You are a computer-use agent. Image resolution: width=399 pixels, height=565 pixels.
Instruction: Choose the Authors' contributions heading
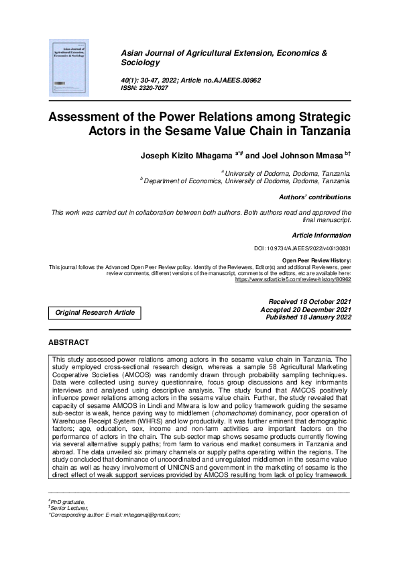[x=315, y=197]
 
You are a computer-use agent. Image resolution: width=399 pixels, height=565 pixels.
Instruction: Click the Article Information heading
[x=321, y=235]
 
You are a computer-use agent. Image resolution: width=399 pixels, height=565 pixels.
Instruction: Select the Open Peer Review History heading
[x=317, y=260]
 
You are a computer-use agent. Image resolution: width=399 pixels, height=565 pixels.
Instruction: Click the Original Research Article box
[x=95, y=312]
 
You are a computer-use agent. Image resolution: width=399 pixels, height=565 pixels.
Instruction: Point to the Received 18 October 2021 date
[x=309, y=302]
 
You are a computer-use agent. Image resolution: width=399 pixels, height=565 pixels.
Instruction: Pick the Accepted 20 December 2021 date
[x=305, y=309]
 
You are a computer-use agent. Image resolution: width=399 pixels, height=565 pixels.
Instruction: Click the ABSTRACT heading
[x=69, y=342]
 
